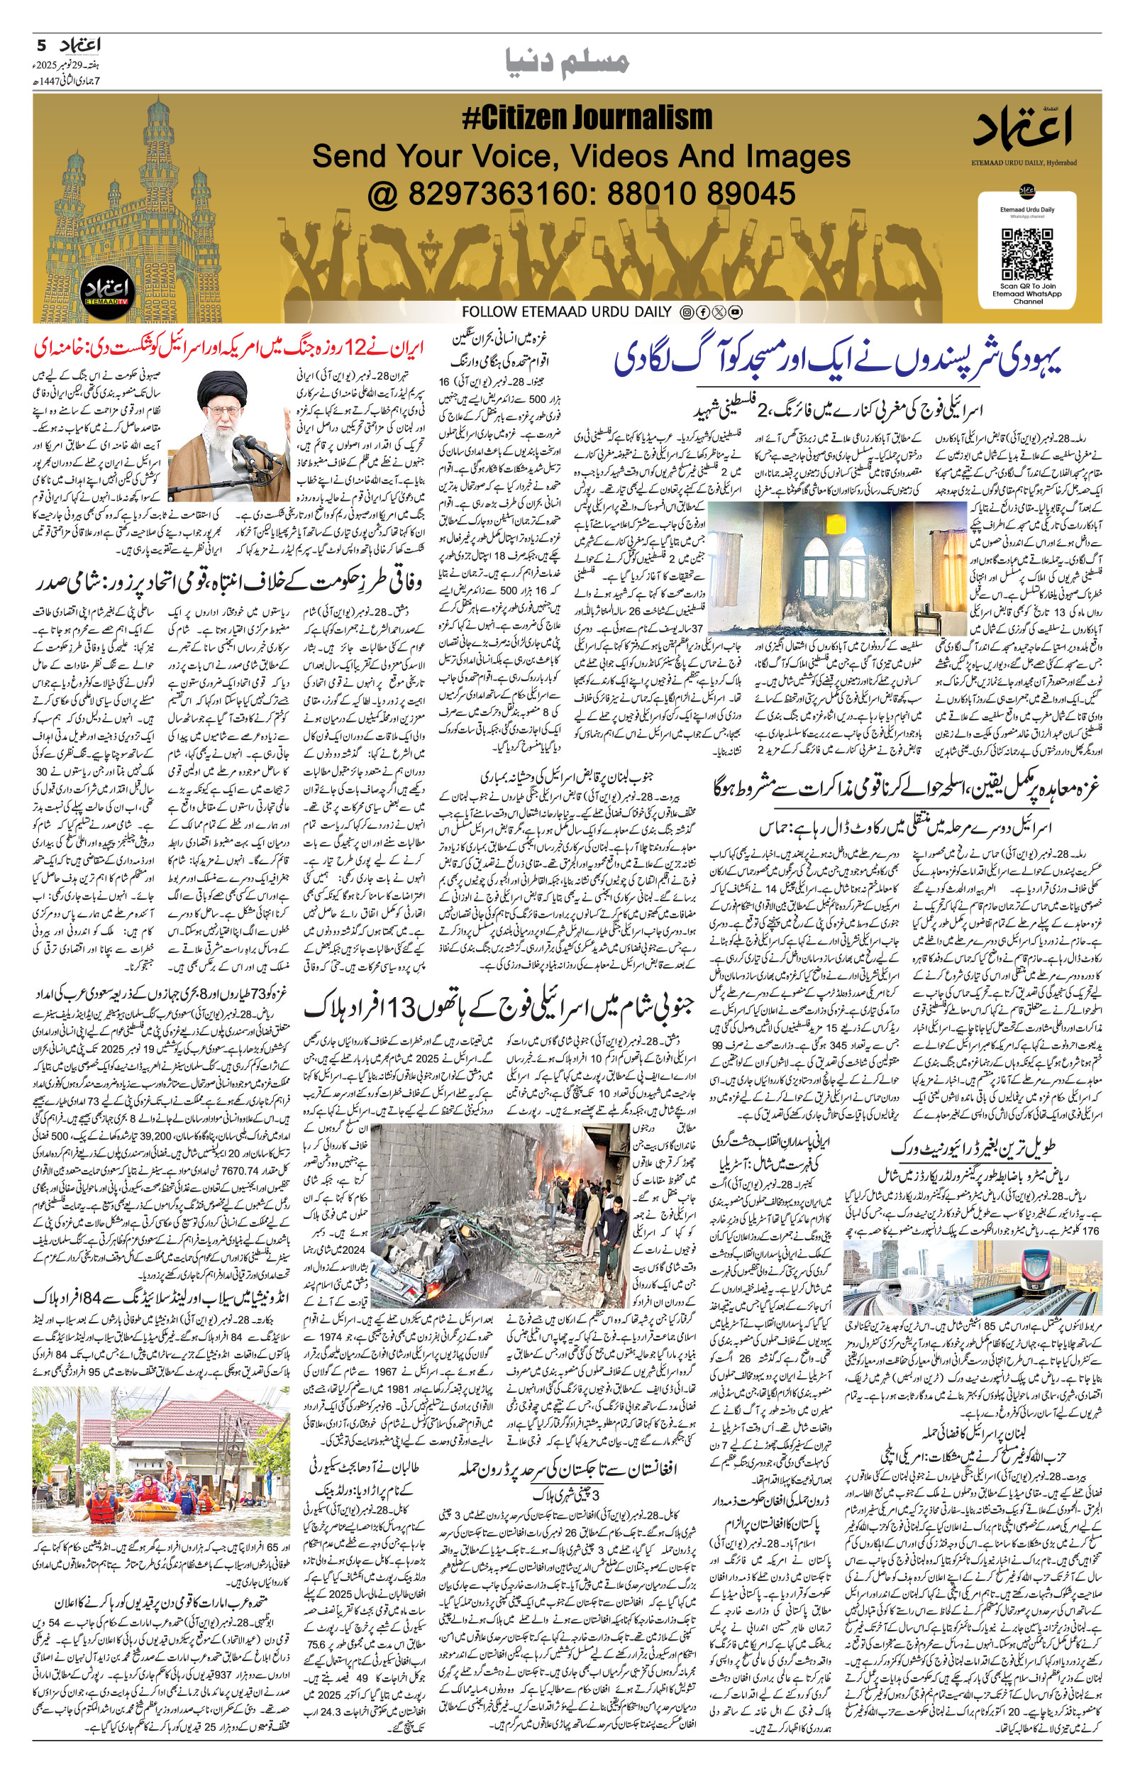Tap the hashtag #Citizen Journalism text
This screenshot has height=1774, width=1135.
point(587,118)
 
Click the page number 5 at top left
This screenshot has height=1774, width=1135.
point(40,45)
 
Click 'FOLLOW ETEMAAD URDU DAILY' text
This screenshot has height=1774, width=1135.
point(567,312)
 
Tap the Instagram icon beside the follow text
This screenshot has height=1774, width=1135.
point(686,312)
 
